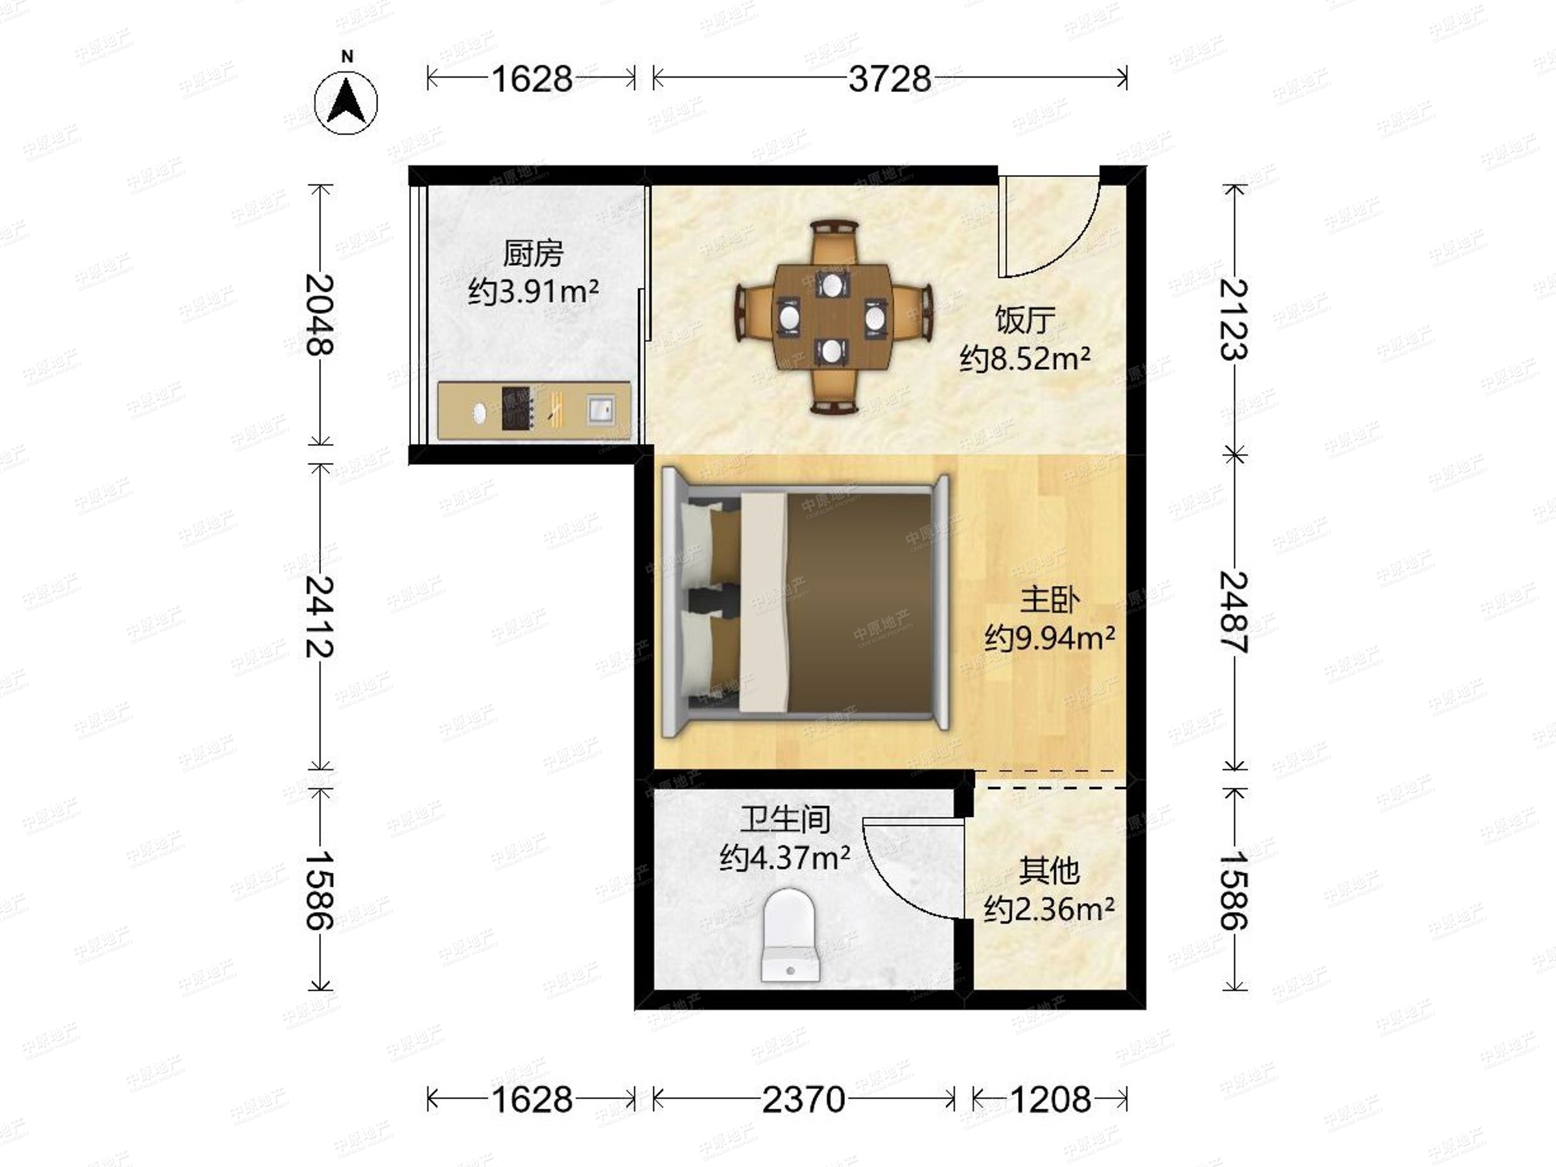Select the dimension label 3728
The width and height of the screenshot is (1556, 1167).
pyautogui.click(x=890, y=79)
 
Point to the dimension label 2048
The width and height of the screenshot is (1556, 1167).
pyautogui.click(x=320, y=314)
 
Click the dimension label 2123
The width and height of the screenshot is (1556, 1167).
pyautogui.click(x=1234, y=320)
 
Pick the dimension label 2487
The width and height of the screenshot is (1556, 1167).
pyautogui.click(x=1234, y=612)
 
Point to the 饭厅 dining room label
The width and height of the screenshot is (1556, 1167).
pyautogui.click(x=1025, y=321)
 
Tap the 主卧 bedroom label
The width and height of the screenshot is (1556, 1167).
pyautogui.click(x=1050, y=601)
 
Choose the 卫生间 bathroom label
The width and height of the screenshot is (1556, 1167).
pyautogui.click(x=785, y=819)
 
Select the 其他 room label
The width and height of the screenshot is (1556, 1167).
pyautogui.click(x=1050, y=871)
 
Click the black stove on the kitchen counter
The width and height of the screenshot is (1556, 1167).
pyautogui.click(x=516, y=408)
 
